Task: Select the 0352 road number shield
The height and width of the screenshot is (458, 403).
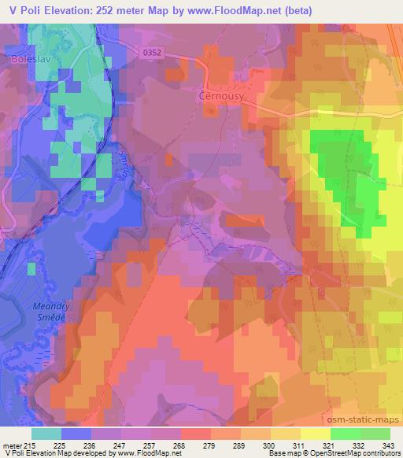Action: click(x=155, y=52)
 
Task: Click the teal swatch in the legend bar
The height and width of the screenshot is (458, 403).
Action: click(x=46, y=434)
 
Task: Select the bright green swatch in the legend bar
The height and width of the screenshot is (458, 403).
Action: click(x=346, y=434)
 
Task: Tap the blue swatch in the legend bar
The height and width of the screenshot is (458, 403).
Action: click(x=76, y=434)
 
